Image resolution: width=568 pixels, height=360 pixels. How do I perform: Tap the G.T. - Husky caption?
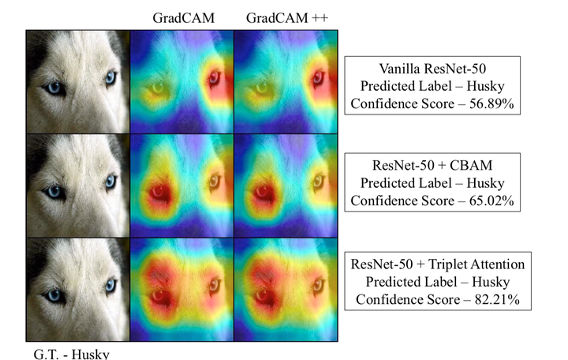click(72, 352)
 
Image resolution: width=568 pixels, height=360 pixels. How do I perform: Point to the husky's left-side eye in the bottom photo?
click(55, 296)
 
